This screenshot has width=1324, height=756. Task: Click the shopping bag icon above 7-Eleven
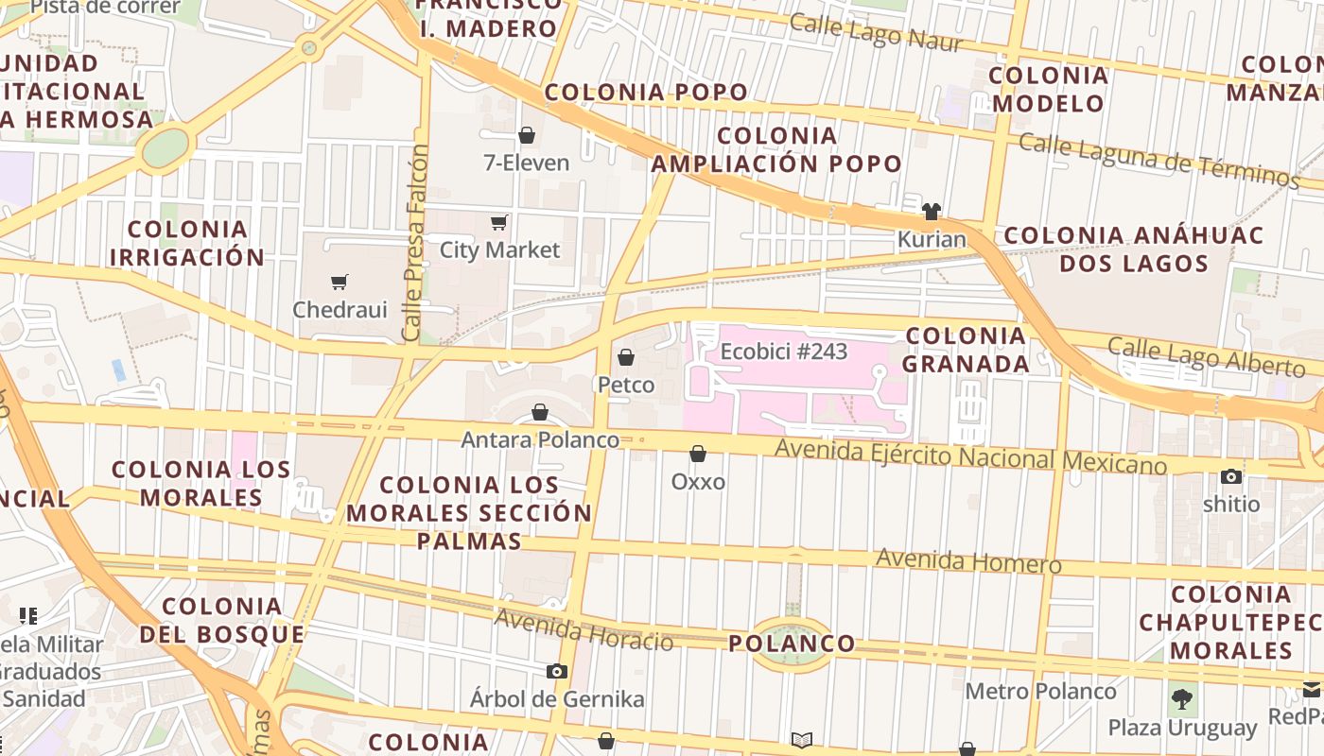[527, 136]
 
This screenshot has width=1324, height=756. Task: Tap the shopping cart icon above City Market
[498, 223]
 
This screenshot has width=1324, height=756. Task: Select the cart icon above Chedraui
[340, 282]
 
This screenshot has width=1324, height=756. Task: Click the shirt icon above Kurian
[931, 211]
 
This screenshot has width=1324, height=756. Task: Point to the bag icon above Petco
[625, 357]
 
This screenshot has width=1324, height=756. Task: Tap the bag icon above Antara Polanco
[540, 412]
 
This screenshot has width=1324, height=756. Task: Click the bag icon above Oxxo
[698, 455]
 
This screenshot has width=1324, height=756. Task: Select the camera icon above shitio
[1231, 476]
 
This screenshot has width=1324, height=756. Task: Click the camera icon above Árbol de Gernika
[557, 671]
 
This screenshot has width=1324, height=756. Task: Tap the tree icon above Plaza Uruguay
[1182, 700]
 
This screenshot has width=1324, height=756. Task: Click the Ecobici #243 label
[784, 352]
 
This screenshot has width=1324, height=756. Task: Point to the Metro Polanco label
[1040, 691]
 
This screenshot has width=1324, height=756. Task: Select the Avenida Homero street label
[968, 560]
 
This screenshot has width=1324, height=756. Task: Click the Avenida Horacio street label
[584, 630]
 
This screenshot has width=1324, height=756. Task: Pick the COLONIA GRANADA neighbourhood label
[967, 350]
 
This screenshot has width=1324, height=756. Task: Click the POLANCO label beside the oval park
[792, 644]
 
